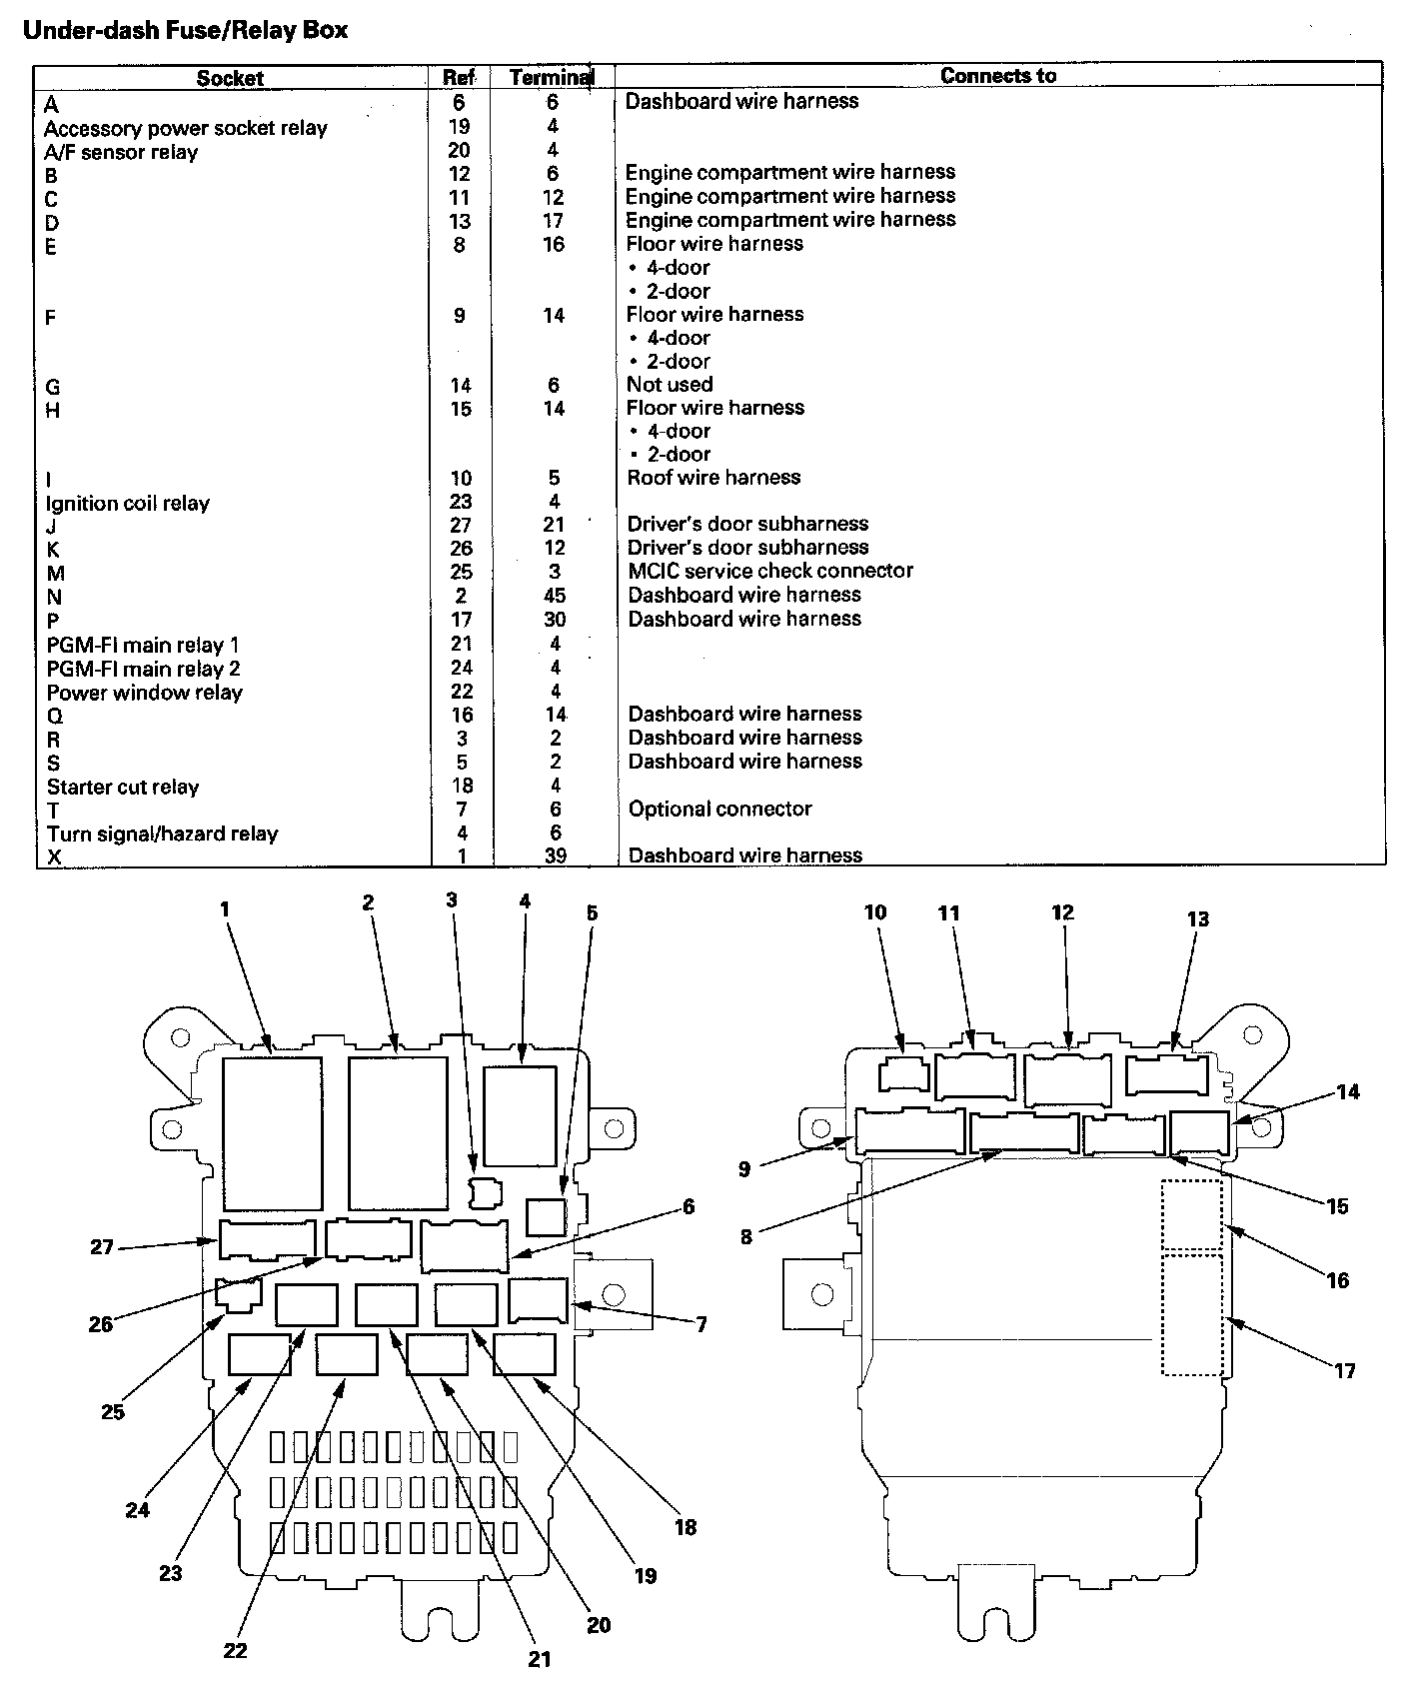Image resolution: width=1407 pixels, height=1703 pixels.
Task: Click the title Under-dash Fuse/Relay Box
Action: pyautogui.click(x=186, y=30)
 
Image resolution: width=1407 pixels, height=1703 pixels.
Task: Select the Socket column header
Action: pyautogui.click(x=230, y=78)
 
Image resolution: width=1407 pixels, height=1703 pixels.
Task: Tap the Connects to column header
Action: pyautogui.click(x=997, y=76)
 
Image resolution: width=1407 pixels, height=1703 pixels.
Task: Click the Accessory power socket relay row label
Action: pyautogui.click(x=186, y=128)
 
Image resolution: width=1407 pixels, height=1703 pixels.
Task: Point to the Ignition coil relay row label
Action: pyautogui.click(x=128, y=503)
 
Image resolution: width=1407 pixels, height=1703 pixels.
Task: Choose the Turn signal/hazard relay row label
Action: pyautogui.click(x=162, y=834)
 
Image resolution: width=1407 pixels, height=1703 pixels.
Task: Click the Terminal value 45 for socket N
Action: pyautogui.click(x=554, y=596)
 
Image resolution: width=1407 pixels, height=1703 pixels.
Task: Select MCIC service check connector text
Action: pyautogui.click(x=769, y=571)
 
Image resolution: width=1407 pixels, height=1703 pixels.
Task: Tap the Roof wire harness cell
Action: pyautogui.click(x=713, y=478)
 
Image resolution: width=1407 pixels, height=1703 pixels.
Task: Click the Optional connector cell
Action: pyautogui.click(x=719, y=809)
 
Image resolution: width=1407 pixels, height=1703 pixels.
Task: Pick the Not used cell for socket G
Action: pyautogui.click(x=670, y=385)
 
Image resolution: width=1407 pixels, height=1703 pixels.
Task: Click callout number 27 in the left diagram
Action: pyautogui.click(x=102, y=1247)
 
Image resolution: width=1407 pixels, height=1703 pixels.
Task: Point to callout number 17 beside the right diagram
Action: pyautogui.click(x=1345, y=1370)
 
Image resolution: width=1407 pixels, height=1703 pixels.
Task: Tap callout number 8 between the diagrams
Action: pyautogui.click(x=746, y=1236)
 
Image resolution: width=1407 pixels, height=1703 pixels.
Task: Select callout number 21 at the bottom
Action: pyautogui.click(x=540, y=1659)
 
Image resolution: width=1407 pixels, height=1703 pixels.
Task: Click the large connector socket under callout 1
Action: pyautogui.click(x=272, y=1134)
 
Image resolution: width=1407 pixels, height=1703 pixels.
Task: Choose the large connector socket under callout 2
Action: pyautogui.click(x=398, y=1132)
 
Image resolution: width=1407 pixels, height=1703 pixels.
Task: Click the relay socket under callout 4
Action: pyautogui.click(x=520, y=1116)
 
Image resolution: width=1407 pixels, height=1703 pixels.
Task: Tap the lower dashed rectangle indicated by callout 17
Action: pyautogui.click(x=1192, y=1315)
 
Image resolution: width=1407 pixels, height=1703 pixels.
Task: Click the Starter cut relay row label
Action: pyautogui.click(x=123, y=787)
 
